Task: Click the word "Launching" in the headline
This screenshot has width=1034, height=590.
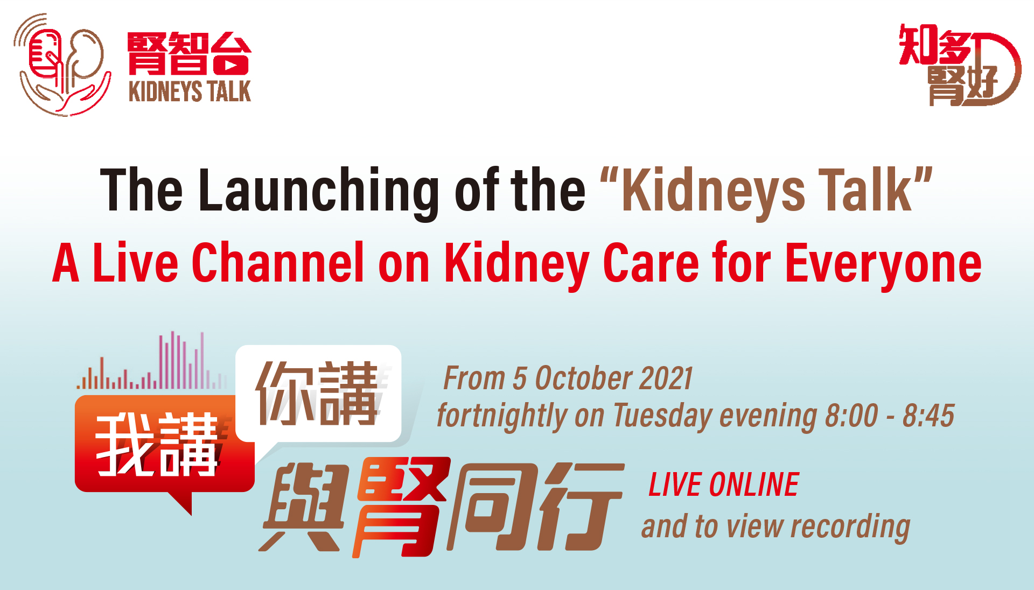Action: (x=319, y=192)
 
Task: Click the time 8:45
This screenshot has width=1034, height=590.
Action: (x=928, y=416)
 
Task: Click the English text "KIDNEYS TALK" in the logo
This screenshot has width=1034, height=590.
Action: (x=190, y=92)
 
